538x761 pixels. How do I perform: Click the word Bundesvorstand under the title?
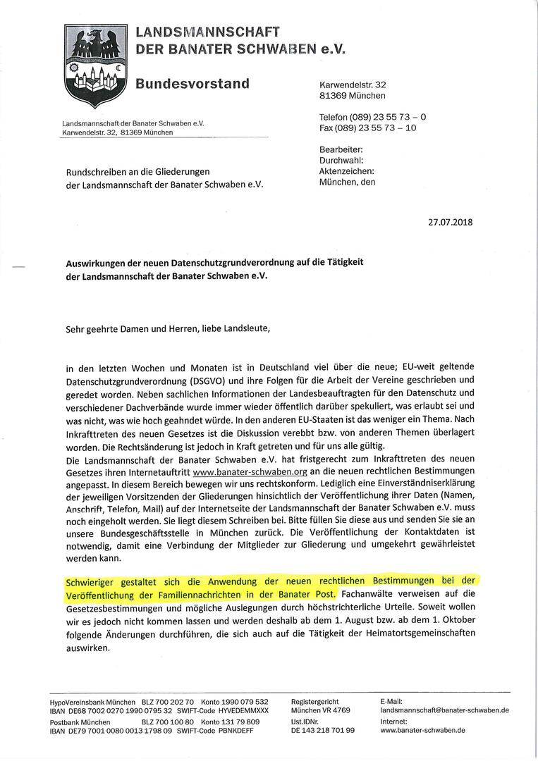tap(192, 84)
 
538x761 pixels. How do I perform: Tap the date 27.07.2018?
tap(451, 221)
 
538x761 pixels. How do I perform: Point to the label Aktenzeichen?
tap(346, 171)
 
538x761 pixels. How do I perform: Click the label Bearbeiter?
tap(341, 150)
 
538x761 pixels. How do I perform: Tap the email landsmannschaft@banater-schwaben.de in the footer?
tap(444, 710)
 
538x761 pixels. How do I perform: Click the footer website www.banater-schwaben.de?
tap(422, 731)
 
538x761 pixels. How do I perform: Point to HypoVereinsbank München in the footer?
tap(92, 702)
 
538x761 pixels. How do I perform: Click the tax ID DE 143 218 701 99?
tap(322, 731)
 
